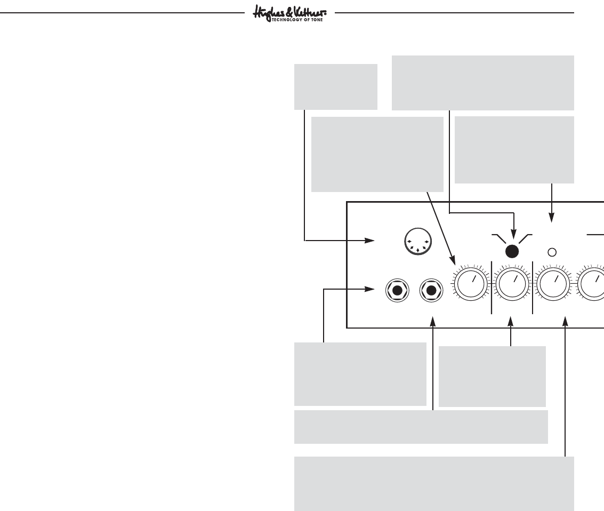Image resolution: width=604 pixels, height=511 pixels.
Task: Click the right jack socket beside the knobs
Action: coord(431,290)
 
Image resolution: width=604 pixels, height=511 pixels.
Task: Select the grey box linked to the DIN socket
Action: coord(336,86)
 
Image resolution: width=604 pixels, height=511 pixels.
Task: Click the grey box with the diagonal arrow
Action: coord(377,154)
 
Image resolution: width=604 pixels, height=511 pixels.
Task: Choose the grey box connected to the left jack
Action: coord(360,374)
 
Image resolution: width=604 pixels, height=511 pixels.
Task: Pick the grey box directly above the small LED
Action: coord(514,149)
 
